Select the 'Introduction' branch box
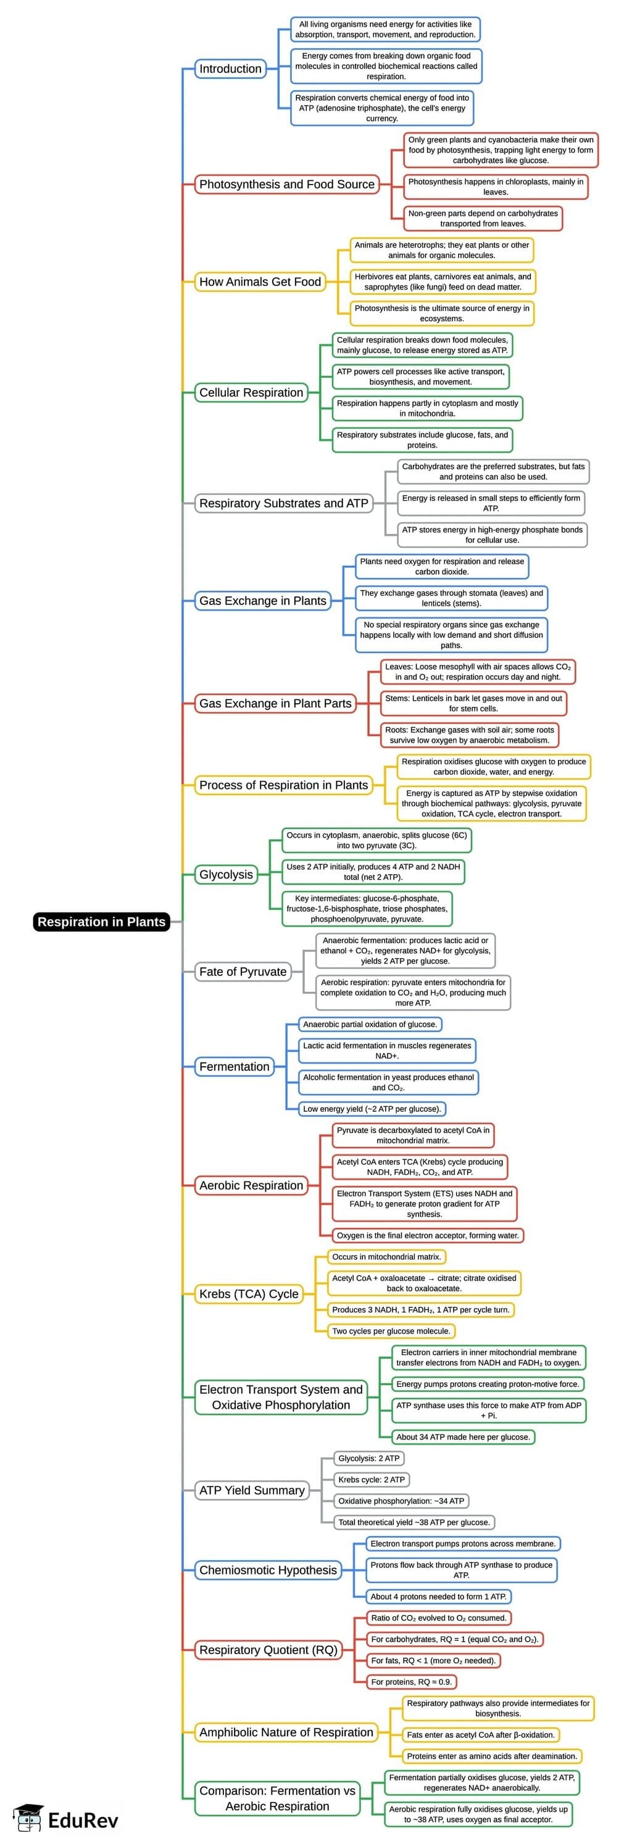click(230, 69)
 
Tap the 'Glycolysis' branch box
click(226, 874)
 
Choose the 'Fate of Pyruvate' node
click(243, 972)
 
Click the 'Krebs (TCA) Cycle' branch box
click(248, 1293)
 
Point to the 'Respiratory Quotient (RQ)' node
click(268, 1650)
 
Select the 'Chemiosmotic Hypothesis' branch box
click(268, 1570)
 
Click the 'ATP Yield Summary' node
click(252, 1490)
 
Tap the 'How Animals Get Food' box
click(260, 282)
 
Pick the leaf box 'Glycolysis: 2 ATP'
click(368, 1458)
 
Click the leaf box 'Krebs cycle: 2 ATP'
click(372, 1480)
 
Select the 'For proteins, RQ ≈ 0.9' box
click(411, 1682)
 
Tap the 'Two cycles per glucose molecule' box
click(391, 1331)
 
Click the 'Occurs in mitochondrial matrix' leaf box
click(386, 1256)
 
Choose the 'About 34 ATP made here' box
click(463, 1437)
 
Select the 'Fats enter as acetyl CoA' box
click(480, 1735)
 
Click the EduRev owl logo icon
click(28, 1819)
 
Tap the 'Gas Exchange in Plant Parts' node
click(275, 703)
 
